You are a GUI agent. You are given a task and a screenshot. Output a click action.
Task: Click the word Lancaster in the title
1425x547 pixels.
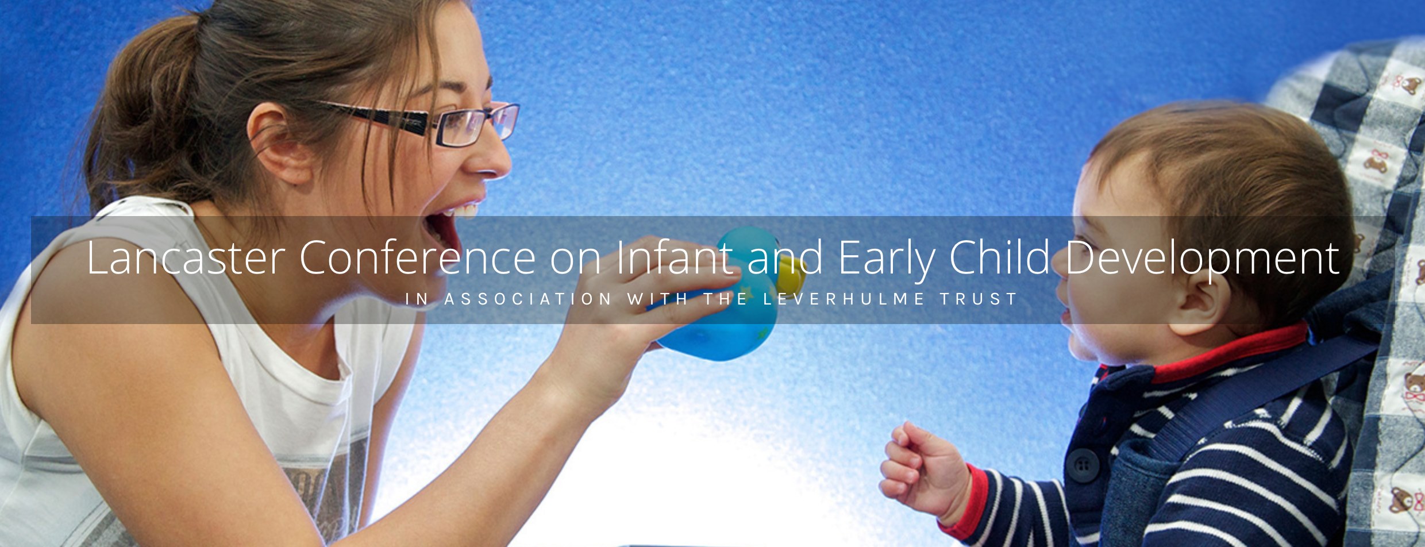[186, 257]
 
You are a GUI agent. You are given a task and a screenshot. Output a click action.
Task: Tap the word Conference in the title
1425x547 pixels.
[418, 257]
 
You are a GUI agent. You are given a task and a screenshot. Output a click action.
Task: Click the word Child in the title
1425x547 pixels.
[1000, 256]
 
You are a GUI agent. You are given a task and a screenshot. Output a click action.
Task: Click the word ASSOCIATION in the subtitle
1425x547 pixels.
[528, 299]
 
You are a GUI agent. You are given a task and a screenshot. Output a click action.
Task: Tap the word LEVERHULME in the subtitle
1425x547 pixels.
[844, 299]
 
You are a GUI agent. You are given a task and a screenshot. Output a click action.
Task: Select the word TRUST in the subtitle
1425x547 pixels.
[979, 299]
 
